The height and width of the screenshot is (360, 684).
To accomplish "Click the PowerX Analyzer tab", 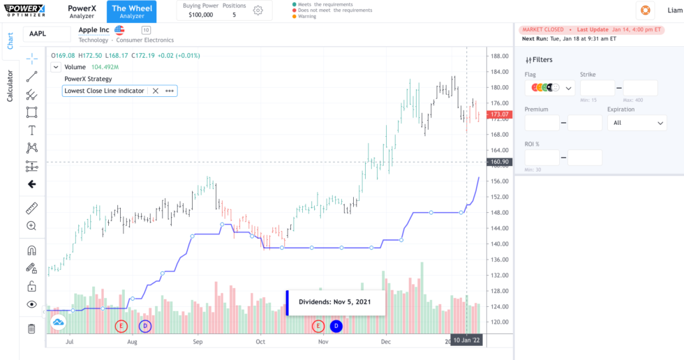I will [82, 11].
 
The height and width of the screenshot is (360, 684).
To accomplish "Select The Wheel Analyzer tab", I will [131, 11].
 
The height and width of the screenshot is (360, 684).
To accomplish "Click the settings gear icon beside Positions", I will [258, 10].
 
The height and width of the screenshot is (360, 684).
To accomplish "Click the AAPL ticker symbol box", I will [47, 33].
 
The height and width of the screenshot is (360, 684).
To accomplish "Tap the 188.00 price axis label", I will [498, 57].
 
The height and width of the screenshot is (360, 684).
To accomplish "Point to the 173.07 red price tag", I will [500, 114].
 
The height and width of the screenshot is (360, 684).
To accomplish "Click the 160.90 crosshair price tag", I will [500, 162].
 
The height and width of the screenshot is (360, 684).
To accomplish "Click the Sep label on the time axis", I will [198, 343].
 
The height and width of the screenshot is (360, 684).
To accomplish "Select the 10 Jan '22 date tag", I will [466, 340].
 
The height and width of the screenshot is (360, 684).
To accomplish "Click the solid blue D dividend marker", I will [336, 326].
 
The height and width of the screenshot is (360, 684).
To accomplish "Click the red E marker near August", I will [122, 326].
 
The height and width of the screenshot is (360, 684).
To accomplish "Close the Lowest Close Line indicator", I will [156, 91].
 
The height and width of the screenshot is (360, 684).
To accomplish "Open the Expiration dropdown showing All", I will [637, 123].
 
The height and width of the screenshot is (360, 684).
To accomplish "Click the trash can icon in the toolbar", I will [31, 329].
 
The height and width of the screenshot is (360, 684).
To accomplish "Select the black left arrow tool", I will [31, 184].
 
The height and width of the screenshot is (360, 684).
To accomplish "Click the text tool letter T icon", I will [31, 130].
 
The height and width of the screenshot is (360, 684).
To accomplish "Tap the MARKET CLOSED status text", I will [542, 30].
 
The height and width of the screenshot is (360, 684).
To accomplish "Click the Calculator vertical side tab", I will [10, 86].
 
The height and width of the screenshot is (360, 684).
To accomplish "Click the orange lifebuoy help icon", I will [645, 10].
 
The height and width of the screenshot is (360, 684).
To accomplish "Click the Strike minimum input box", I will [597, 88].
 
